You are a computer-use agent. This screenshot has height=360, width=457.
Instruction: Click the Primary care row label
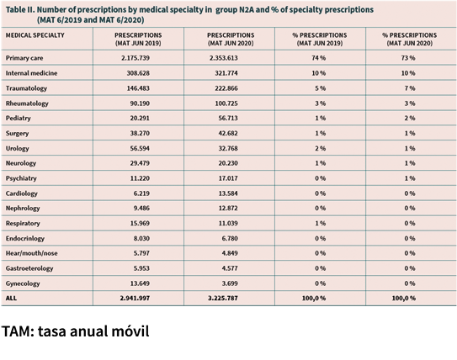click(x=24, y=58)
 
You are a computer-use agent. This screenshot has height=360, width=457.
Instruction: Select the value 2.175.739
click(x=136, y=58)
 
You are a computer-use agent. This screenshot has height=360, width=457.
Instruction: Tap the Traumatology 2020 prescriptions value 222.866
click(x=226, y=88)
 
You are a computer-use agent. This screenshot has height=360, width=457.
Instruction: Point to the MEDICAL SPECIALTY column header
click(x=35, y=35)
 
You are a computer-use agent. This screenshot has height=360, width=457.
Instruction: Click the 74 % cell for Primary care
click(x=319, y=58)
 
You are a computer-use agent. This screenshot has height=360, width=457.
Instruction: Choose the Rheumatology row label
click(x=27, y=103)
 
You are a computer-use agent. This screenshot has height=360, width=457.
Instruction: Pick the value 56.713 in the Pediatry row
click(x=228, y=119)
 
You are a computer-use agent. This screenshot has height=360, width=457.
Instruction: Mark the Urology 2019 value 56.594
click(x=140, y=148)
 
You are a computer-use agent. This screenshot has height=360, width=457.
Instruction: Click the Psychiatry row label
click(x=21, y=178)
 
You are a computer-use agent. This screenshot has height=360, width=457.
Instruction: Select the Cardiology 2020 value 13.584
click(x=228, y=193)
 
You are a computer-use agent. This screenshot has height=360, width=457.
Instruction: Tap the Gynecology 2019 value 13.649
click(x=140, y=283)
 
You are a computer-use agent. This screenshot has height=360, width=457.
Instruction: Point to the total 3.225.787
click(x=223, y=299)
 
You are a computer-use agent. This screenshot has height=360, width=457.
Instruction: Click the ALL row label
click(x=11, y=299)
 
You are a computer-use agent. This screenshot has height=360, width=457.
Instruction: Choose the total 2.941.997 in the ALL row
click(x=135, y=299)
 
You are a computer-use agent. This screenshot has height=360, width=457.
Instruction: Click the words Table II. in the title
click(x=20, y=10)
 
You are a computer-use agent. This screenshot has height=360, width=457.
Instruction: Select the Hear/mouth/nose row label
click(x=31, y=253)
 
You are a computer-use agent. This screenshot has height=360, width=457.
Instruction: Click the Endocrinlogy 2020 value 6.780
click(x=230, y=239)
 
